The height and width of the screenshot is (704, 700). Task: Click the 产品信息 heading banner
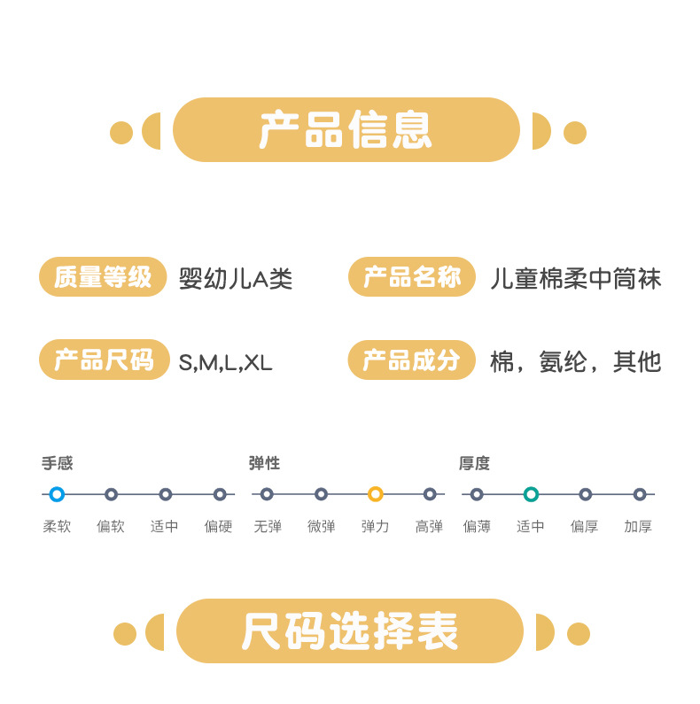coord(346,130)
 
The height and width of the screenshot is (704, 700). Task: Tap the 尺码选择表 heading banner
coord(349,631)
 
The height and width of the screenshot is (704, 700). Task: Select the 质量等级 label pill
coord(103,277)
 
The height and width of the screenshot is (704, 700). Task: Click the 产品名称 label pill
coord(412,277)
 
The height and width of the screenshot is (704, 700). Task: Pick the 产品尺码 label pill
coord(103,360)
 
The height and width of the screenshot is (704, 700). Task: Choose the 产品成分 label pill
coord(412,360)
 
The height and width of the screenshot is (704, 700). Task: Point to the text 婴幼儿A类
coord(236,279)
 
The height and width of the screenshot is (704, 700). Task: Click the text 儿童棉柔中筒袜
coord(576,279)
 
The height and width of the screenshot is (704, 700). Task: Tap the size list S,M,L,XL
coord(226,362)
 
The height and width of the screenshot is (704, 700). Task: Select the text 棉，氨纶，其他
coord(576,361)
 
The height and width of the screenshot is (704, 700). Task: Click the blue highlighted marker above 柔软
coord(57,494)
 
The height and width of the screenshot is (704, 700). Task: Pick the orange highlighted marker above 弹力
coord(375,494)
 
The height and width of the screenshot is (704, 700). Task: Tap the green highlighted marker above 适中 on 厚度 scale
coord(531,494)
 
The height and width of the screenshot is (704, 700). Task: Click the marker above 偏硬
coord(219,494)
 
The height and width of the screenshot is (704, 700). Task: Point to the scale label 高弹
coord(429,526)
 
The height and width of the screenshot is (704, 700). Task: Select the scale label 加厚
coord(638,526)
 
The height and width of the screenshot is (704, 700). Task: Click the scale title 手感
coord(58,463)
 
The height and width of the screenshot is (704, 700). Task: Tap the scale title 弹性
coord(265,463)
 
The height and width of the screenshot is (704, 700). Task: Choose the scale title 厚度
coord(474,463)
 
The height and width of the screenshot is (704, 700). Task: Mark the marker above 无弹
coord(267,494)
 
